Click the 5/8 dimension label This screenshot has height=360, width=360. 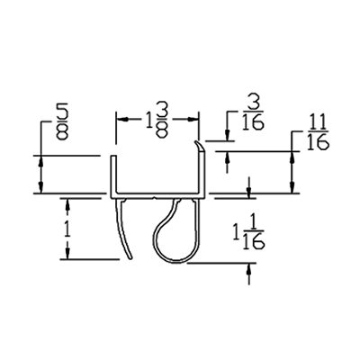(62, 121)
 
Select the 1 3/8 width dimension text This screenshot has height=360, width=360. (157, 120)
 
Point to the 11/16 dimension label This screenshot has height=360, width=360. (319, 132)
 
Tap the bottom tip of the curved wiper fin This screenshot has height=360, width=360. (130, 258)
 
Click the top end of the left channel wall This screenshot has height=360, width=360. (113, 156)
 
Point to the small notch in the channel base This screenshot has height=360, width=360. (154, 198)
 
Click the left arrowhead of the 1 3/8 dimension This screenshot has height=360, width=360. (122, 119)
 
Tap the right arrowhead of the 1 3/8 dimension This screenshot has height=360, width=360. (193, 119)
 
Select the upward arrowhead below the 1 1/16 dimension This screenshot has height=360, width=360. (248, 269)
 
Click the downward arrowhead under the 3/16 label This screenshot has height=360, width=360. (228, 134)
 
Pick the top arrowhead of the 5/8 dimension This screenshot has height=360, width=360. (41, 162)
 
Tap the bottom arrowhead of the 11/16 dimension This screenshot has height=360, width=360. (292, 187)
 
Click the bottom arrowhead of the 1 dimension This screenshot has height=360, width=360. (67, 253)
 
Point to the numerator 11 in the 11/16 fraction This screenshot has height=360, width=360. (318, 122)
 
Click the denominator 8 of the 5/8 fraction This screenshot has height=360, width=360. (62, 132)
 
